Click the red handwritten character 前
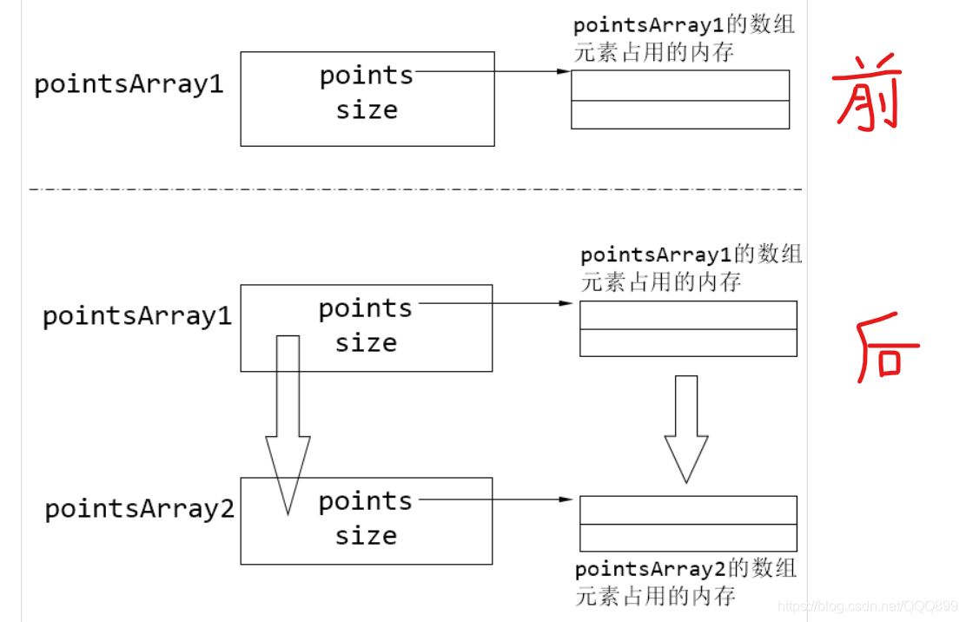(x=866, y=96)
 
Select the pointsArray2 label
(x=140, y=509)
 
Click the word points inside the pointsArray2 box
(x=366, y=501)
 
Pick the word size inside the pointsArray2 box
(x=366, y=535)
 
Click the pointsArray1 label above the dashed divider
(x=129, y=85)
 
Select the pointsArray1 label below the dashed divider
(x=137, y=316)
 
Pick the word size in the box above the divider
(x=367, y=110)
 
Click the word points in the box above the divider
(x=367, y=76)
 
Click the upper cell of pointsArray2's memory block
(x=688, y=510)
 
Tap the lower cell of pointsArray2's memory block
(x=688, y=537)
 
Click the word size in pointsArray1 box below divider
(x=366, y=343)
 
